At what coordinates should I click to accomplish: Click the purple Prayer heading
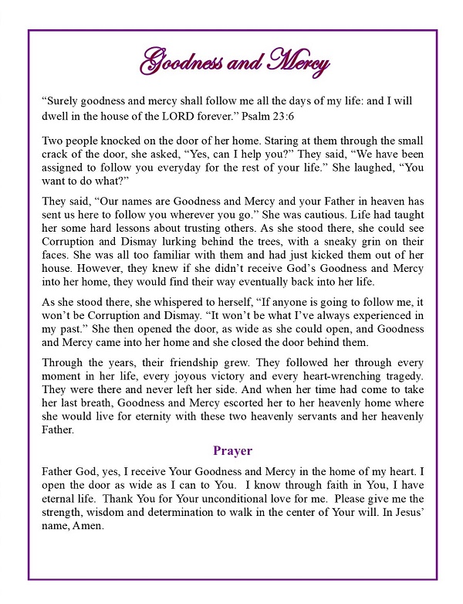coord(232,450)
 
